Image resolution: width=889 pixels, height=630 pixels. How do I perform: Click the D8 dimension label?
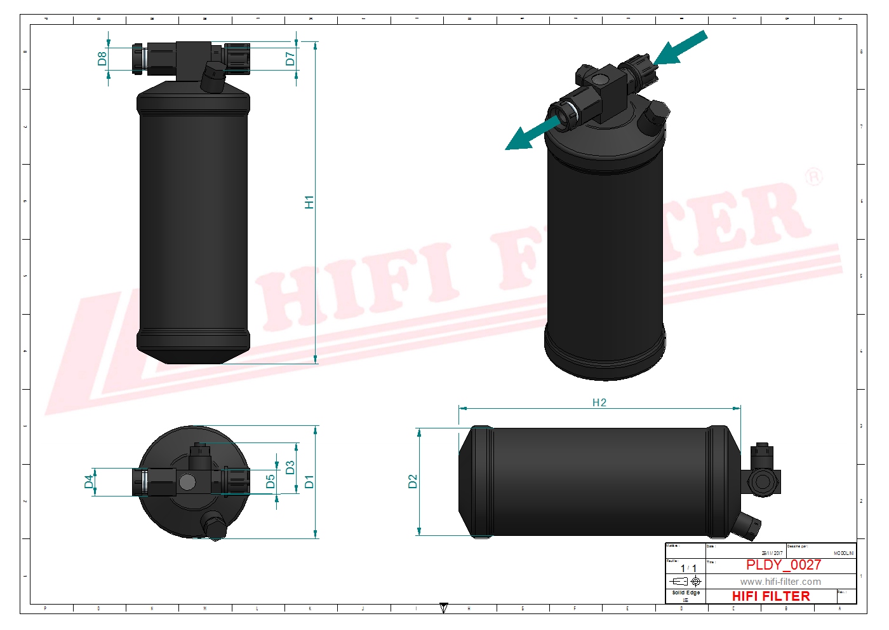[x=102, y=58]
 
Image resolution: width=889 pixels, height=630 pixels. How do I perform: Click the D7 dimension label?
[x=290, y=59]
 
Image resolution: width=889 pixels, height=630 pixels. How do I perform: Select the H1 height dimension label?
[x=309, y=202]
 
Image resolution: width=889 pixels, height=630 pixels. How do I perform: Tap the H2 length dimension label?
[x=599, y=402]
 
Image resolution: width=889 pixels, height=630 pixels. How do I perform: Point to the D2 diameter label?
[x=413, y=481]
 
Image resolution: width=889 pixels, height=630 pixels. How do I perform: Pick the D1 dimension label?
[x=309, y=481]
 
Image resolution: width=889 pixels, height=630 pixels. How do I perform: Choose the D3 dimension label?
[x=290, y=468]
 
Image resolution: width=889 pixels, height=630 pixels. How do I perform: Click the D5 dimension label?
[x=271, y=481]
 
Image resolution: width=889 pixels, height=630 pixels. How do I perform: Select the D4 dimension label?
[x=89, y=482]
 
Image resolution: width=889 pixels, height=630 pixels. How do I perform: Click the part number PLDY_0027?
[x=783, y=565]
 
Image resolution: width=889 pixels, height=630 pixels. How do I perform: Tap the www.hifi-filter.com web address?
[x=780, y=582]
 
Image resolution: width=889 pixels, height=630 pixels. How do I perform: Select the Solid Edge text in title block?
[x=686, y=592]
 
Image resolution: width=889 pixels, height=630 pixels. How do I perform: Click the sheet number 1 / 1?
[x=688, y=568]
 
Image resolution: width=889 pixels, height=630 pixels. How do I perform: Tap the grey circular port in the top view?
[x=187, y=482]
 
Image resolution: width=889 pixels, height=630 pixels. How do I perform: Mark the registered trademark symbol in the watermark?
[x=813, y=176]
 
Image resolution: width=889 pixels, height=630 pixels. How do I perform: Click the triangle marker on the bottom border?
[x=444, y=608]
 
